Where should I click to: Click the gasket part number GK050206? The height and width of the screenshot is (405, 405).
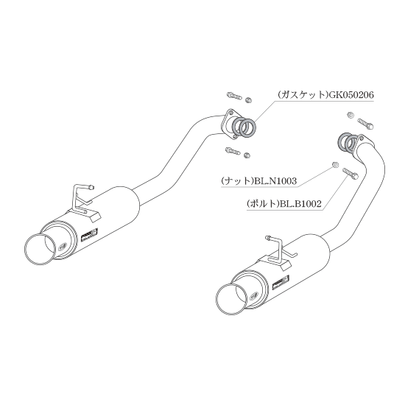click(350, 95)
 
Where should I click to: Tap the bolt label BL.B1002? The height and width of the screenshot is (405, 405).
click(300, 204)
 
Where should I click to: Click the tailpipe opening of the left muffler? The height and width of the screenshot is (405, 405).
click(40, 248)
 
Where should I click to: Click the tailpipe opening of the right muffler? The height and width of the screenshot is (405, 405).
click(231, 299)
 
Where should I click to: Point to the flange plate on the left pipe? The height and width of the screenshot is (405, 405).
click(230, 124)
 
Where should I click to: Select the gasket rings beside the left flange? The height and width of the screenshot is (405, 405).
click(244, 127)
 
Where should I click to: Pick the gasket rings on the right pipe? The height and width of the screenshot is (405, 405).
click(348, 143)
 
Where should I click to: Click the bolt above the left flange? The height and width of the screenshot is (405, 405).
click(234, 96)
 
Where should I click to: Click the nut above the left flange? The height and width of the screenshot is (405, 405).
click(248, 99)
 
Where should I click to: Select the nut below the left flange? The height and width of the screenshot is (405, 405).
click(247, 155)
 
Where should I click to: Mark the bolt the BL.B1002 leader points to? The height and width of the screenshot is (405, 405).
click(350, 173)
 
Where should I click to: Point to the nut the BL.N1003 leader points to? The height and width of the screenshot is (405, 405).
click(335, 164)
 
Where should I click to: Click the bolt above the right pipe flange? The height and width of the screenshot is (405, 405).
click(365, 124)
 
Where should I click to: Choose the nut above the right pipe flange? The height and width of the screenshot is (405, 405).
click(351, 115)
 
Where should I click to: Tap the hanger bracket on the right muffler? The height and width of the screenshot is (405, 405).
click(281, 253)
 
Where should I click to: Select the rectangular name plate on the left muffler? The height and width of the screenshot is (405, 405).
click(89, 233)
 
